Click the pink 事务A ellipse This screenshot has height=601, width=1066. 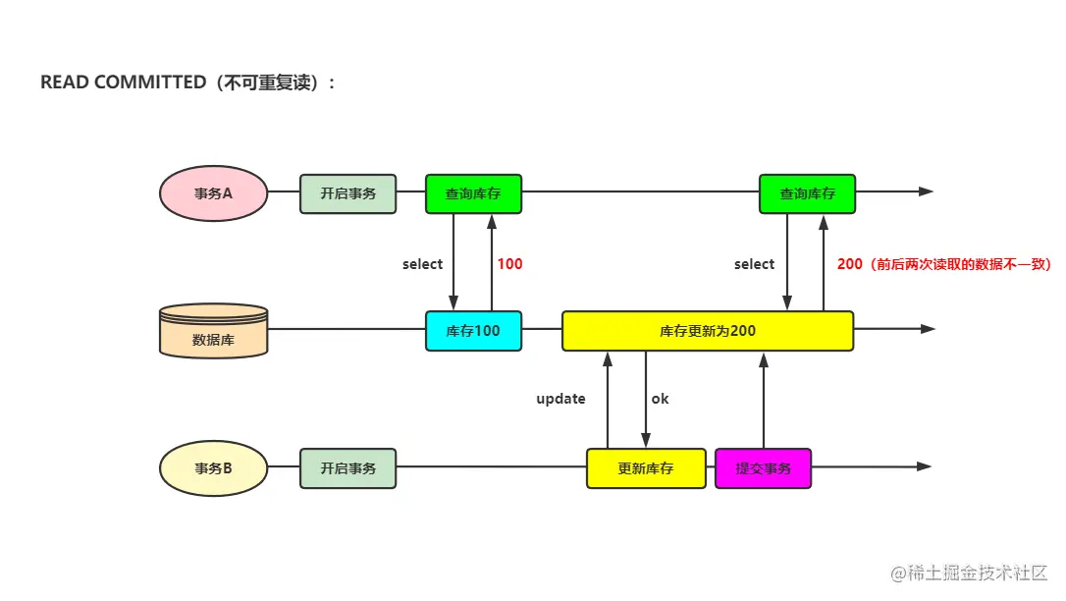pyautogui.click(x=213, y=193)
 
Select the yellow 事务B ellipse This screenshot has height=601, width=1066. pyautogui.click(x=213, y=468)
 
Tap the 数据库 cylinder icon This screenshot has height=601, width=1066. pyautogui.click(x=213, y=331)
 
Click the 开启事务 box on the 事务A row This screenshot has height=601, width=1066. pyautogui.click(x=347, y=193)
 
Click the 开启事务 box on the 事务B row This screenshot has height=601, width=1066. pyautogui.click(x=347, y=468)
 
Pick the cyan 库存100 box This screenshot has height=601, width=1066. pyautogui.click(x=473, y=331)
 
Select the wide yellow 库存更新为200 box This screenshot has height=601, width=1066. pyautogui.click(x=707, y=331)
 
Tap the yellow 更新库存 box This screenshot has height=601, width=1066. pyautogui.click(x=645, y=468)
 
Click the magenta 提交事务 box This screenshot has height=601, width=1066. pyautogui.click(x=763, y=468)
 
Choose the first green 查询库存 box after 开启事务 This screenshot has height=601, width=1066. pyautogui.click(x=473, y=193)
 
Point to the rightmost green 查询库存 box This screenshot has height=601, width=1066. pyautogui.click(x=807, y=193)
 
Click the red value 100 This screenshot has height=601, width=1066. pyautogui.click(x=509, y=264)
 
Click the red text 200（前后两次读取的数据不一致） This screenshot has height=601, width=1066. pyautogui.click(x=943, y=264)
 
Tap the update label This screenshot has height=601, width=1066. pyautogui.click(x=560, y=399)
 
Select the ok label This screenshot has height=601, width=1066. pyautogui.click(x=660, y=399)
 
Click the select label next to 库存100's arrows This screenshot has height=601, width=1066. pyautogui.click(x=422, y=264)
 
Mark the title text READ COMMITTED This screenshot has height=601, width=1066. pyautogui.click(x=123, y=82)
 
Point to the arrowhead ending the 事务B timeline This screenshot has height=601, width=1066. pyautogui.click(x=925, y=467)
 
